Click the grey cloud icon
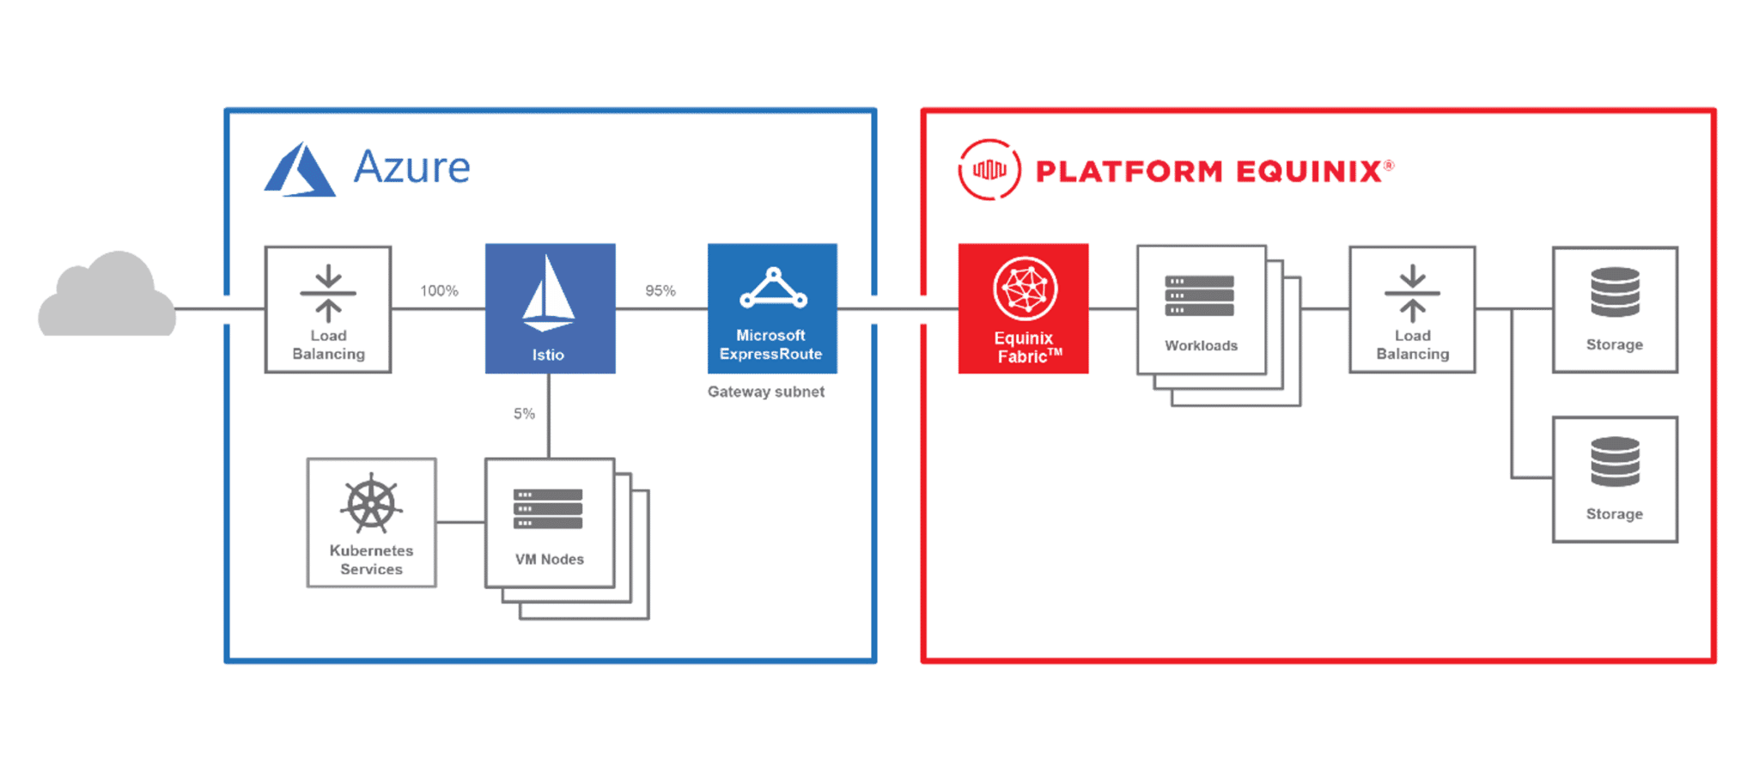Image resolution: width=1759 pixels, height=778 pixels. (x=107, y=296)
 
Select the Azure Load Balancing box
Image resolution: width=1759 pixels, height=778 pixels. (x=328, y=310)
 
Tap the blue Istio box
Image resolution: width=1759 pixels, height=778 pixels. (x=550, y=308)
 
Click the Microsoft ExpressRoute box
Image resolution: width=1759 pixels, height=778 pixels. (x=771, y=308)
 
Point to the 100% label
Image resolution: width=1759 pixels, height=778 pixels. (x=439, y=291)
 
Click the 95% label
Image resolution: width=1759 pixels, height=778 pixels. (x=660, y=291)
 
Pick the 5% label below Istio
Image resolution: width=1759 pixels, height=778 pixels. (x=524, y=414)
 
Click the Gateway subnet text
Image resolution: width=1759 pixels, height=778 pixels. (x=765, y=392)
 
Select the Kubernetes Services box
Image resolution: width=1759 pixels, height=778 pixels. (x=371, y=523)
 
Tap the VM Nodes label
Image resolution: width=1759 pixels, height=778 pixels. (x=549, y=559)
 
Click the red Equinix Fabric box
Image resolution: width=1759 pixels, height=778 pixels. (x=1023, y=308)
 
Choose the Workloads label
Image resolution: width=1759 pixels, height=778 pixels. (x=1201, y=345)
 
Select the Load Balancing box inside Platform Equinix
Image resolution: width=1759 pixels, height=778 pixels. (x=1412, y=310)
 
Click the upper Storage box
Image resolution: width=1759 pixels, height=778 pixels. (x=1615, y=310)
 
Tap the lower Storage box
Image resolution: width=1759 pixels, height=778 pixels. (x=1615, y=479)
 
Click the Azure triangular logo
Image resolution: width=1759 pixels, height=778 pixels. (x=299, y=171)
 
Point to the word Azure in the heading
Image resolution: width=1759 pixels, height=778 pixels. (x=412, y=167)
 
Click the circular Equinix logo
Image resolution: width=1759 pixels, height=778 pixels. (x=989, y=170)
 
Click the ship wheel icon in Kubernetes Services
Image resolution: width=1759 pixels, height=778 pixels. (x=371, y=504)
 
